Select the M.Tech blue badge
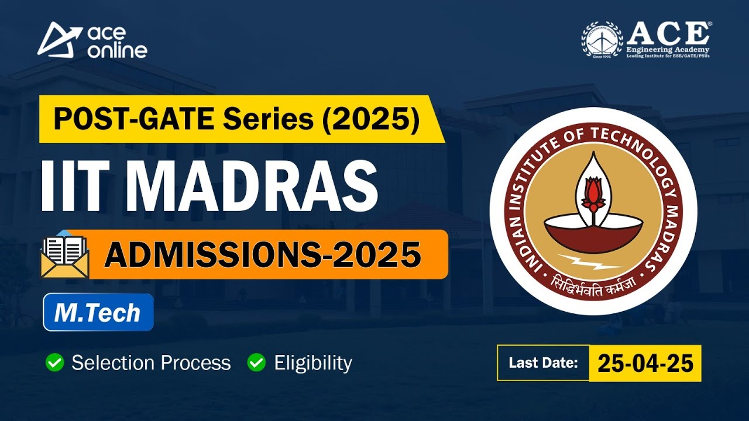point(98,312)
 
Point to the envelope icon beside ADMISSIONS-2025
point(64,256)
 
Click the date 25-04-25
point(645,363)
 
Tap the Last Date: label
point(543,363)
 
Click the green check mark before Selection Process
point(54,363)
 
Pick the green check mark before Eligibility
point(256,363)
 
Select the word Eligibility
point(313,363)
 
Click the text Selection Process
point(151,363)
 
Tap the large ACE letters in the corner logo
point(668,33)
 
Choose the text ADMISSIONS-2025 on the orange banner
point(263,255)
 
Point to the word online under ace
point(116,50)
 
